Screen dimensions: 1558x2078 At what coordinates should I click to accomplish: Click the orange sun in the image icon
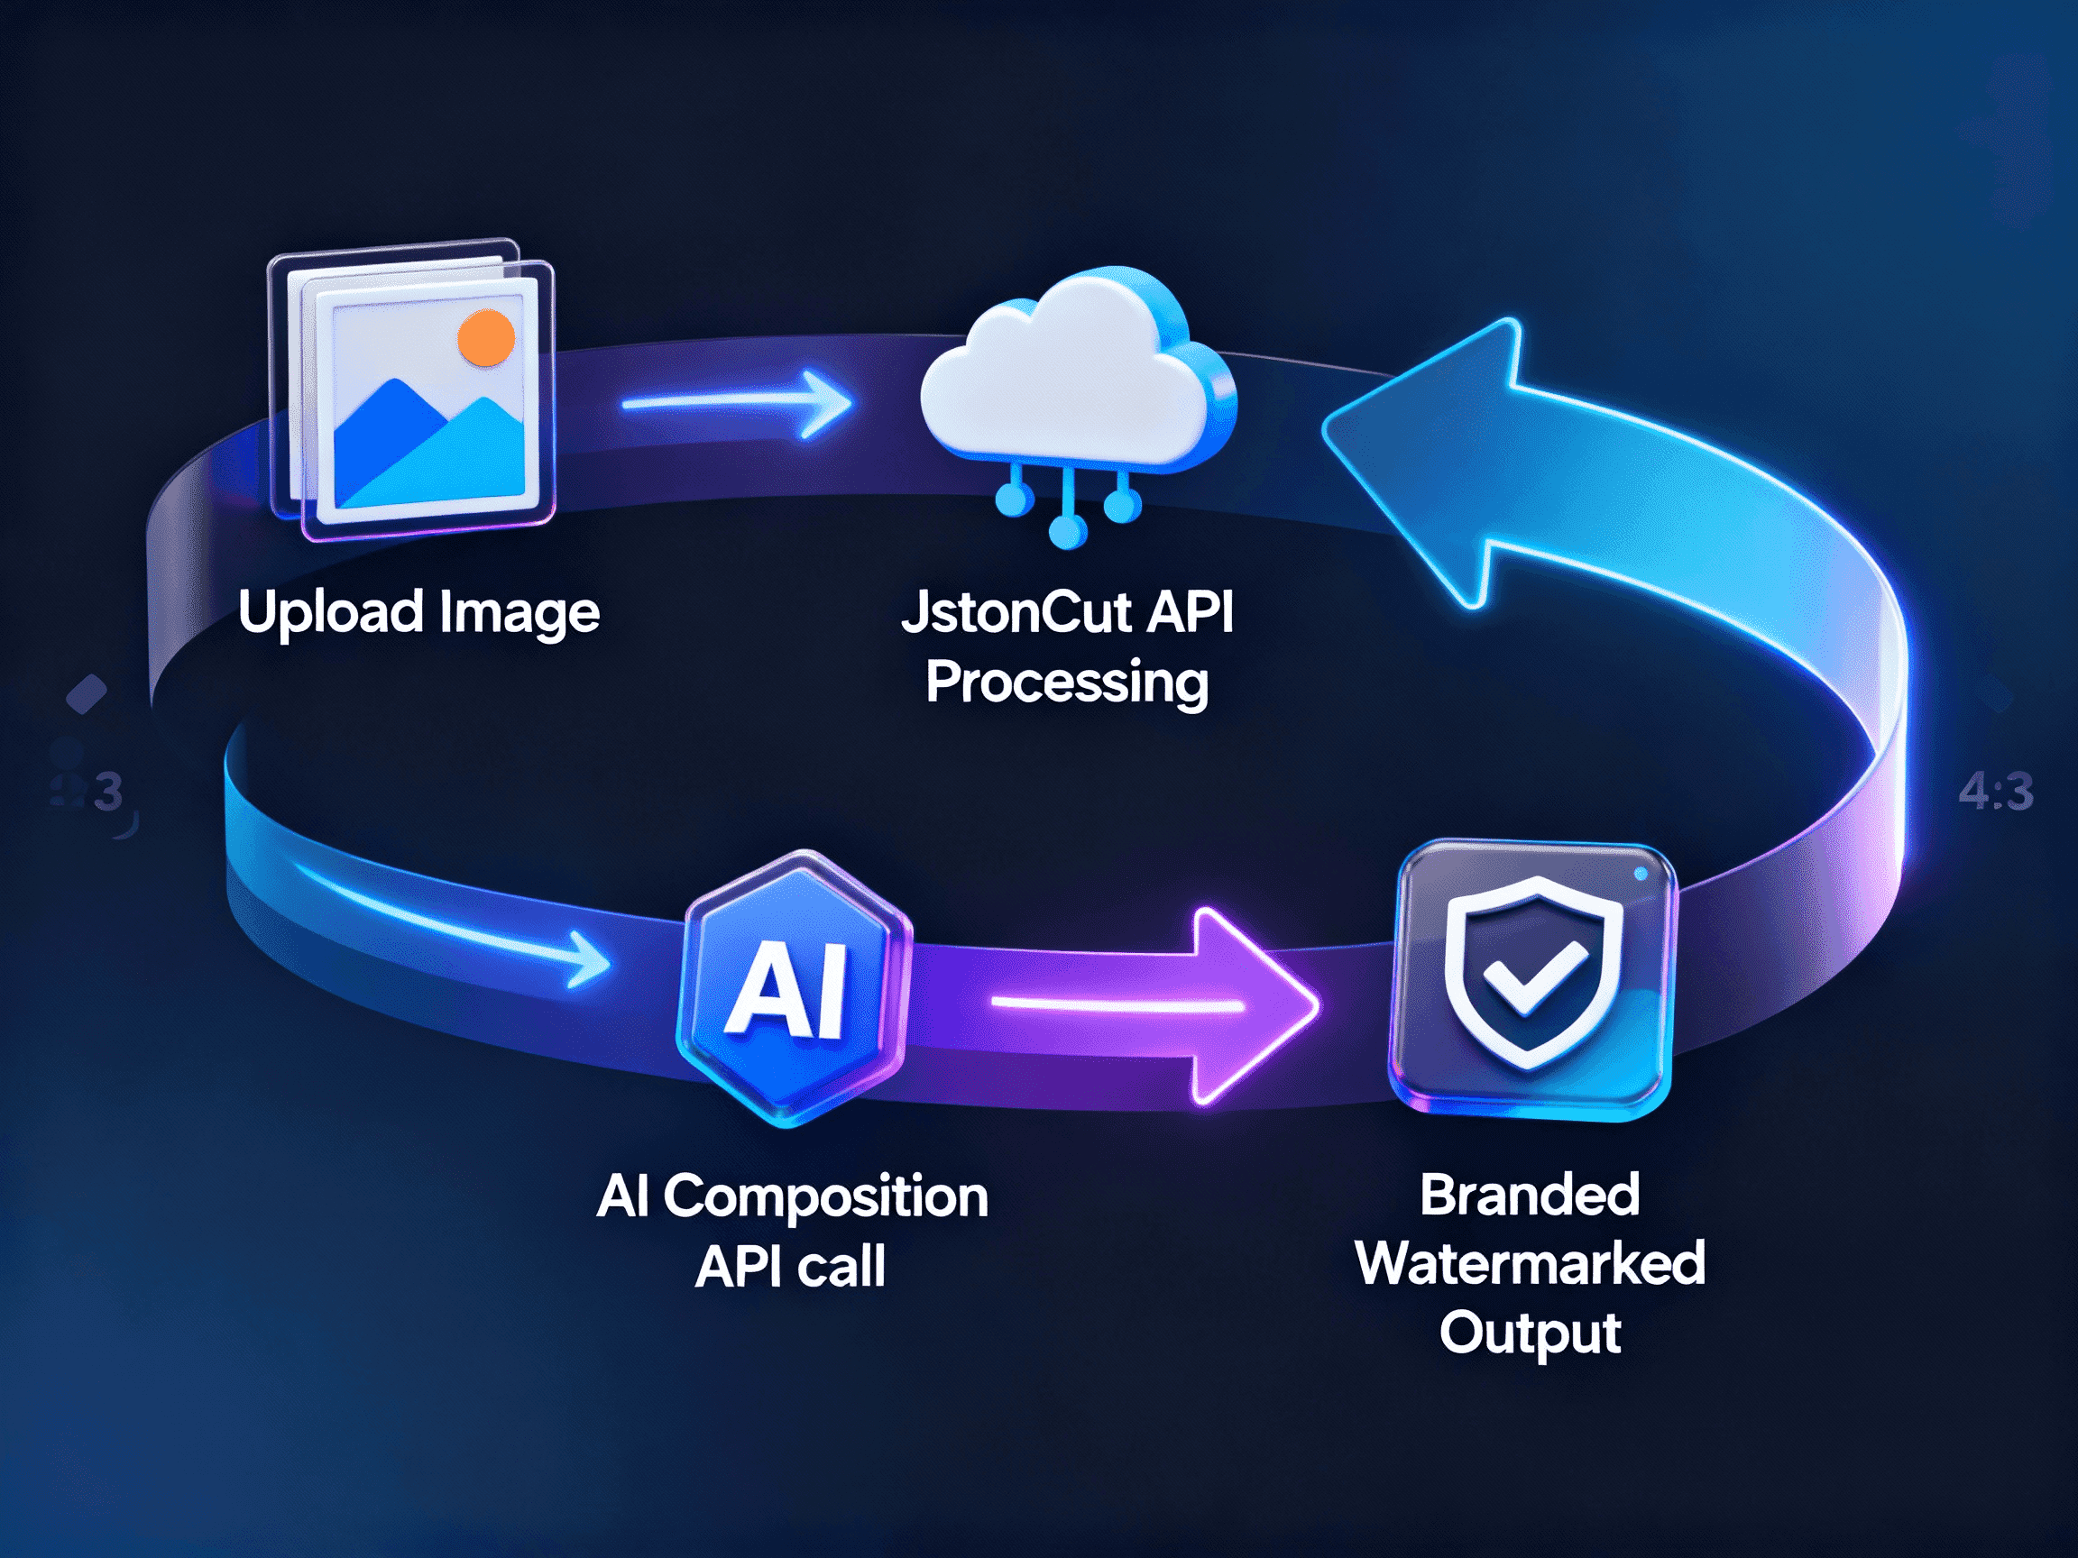(x=486, y=338)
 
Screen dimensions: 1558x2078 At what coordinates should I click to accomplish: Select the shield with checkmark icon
(x=1532, y=973)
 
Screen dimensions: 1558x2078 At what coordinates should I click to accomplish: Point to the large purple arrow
(x=1221, y=1005)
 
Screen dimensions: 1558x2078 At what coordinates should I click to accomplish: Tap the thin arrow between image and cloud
(x=738, y=404)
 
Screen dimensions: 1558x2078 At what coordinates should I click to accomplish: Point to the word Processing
(x=1066, y=683)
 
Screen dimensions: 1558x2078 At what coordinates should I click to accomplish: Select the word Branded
(x=1530, y=1196)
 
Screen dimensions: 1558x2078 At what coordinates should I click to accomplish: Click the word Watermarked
(x=1530, y=1264)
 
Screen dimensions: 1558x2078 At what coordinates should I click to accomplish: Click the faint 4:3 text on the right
(x=1996, y=793)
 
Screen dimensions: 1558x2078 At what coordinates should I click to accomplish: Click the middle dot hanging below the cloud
(x=1067, y=534)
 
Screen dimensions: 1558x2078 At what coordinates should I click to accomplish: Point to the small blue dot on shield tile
(x=1641, y=875)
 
